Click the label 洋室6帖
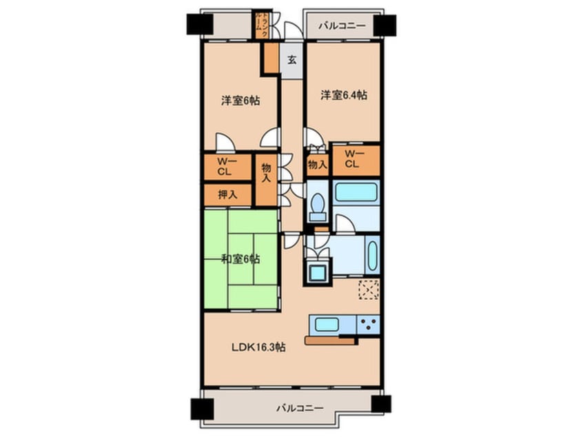pos(240,101)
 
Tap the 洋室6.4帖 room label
pos(342,95)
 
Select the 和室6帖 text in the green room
pos(241,259)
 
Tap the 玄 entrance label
pos(292,60)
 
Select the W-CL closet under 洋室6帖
pos(224,166)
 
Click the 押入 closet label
pos(227,194)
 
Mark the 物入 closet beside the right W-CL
pos(317,165)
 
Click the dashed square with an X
pos(369,290)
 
